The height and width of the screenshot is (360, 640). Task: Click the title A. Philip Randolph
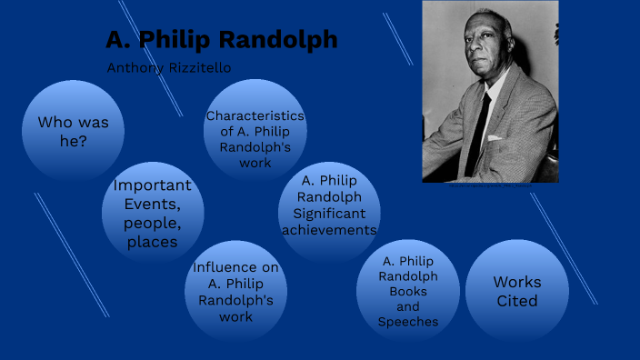pos(221,40)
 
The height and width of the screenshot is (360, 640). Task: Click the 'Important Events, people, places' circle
pos(152,213)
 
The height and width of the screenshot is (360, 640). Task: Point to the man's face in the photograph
pos(478,50)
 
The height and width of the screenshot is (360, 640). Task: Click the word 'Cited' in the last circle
pos(516,301)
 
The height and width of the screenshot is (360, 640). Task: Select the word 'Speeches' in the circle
pos(408,322)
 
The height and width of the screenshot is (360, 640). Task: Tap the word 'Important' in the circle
pos(152,185)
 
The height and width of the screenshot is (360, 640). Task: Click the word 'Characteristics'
pos(255,115)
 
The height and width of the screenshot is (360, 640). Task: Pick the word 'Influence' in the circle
pos(235,267)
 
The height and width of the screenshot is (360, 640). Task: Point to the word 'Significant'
pos(329,214)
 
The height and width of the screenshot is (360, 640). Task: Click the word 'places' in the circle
pos(152,242)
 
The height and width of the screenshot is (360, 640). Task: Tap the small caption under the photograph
pos(489,185)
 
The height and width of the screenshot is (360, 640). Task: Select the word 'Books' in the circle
pos(408,292)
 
